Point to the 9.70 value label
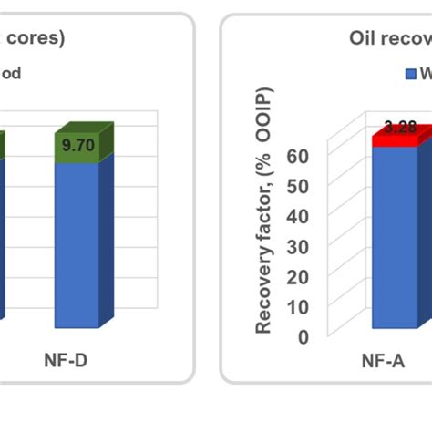coord(78,143)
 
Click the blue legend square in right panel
coord(411,73)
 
